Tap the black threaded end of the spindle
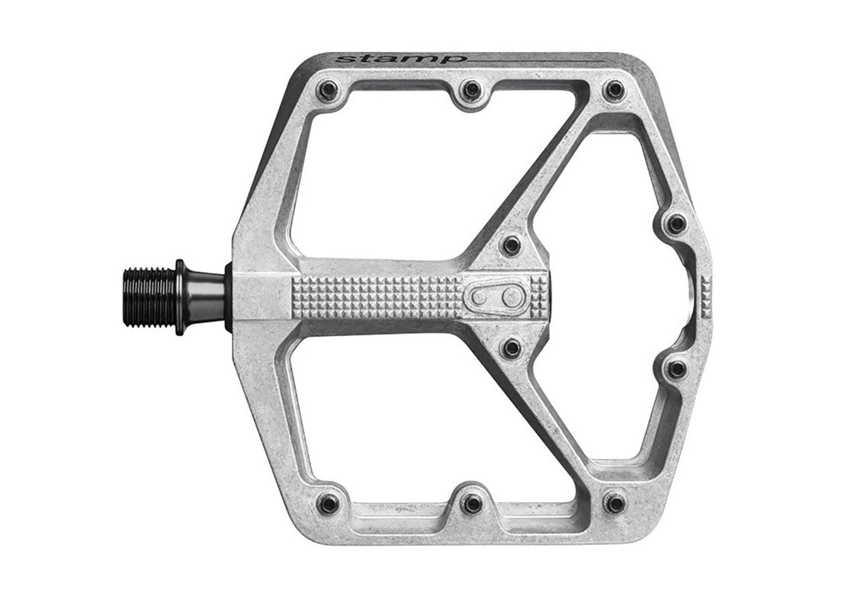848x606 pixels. click(149, 297)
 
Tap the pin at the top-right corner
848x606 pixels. click(613, 90)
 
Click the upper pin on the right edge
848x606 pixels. click(676, 224)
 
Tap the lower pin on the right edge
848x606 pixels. click(676, 369)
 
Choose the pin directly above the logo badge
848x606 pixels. click(512, 245)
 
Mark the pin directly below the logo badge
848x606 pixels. click(512, 348)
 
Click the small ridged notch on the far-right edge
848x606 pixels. click(705, 297)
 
